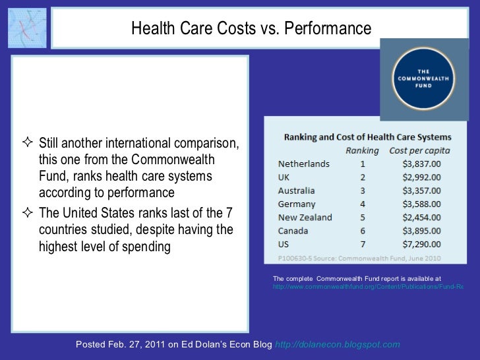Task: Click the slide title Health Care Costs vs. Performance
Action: tap(251, 29)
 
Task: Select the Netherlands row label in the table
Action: tap(304, 164)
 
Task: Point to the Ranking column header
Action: tap(363, 150)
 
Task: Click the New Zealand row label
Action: tap(305, 217)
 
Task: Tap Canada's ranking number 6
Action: tap(363, 231)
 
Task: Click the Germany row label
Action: tap(297, 204)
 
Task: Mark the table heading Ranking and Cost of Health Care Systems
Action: tap(367, 137)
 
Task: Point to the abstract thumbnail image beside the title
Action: tap(27, 28)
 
